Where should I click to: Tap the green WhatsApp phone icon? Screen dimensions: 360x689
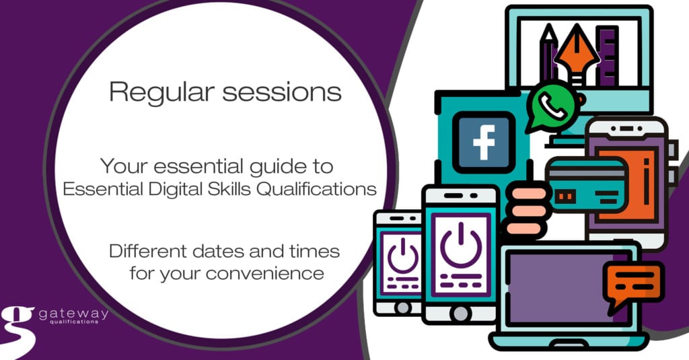(x=552, y=106)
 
